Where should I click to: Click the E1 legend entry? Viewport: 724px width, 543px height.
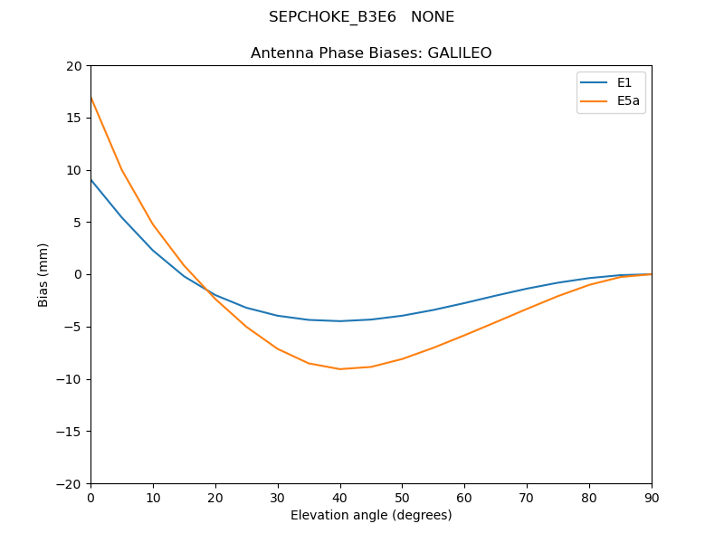click(624, 83)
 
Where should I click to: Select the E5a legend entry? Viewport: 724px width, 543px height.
click(628, 101)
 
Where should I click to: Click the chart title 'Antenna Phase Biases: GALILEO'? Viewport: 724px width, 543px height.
click(371, 53)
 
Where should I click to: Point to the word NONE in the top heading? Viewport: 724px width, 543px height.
click(433, 17)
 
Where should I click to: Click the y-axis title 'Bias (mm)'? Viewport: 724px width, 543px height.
click(43, 274)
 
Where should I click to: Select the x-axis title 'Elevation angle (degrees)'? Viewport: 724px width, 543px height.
click(371, 515)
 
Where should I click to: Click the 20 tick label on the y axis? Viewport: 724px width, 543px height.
click(73, 66)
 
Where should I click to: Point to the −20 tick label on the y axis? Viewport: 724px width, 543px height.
click(69, 483)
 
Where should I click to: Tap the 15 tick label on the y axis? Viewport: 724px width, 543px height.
click(73, 118)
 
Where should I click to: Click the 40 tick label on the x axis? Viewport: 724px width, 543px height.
click(340, 498)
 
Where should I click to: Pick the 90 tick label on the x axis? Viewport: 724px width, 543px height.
click(652, 498)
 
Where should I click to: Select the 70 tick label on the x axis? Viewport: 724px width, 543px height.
click(527, 498)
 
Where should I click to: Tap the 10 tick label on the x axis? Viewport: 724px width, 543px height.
click(153, 498)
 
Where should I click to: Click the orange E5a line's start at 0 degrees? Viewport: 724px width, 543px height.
click(90, 97)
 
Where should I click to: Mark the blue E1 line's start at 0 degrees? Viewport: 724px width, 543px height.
click(90, 179)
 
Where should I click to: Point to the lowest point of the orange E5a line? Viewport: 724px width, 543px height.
click(340, 369)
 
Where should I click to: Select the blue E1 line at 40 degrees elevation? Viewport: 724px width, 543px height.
click(340, 321)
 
